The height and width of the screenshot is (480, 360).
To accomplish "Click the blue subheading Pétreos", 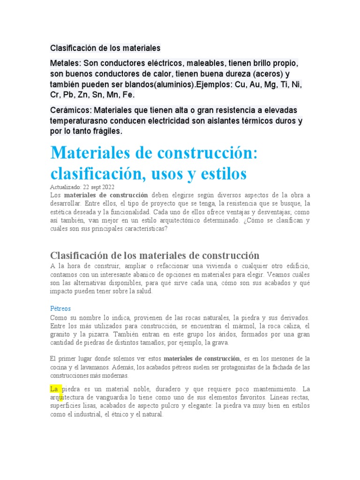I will [60, 309].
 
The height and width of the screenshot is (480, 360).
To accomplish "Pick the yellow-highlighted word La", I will [53, 389].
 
